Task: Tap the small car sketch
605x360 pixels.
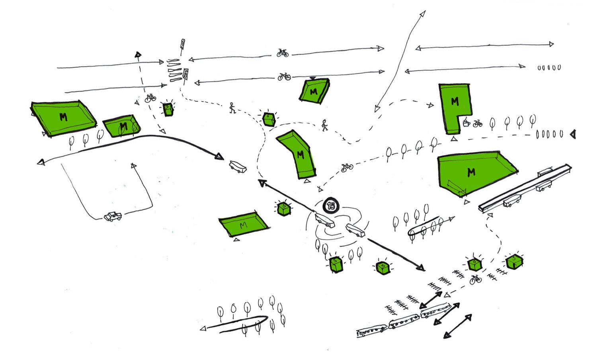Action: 113,216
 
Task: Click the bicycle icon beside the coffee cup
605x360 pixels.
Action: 478,123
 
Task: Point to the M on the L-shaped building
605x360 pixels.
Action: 455,102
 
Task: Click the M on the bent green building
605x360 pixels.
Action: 301,155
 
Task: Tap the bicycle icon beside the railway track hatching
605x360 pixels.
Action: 475,280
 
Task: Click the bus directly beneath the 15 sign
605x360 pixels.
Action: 324,220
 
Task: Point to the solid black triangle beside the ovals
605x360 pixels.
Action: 573,134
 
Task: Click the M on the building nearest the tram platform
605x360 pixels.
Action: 471,172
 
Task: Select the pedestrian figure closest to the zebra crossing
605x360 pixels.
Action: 232,108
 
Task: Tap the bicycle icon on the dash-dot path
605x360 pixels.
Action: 347,168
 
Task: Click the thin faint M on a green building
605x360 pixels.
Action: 243,225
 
